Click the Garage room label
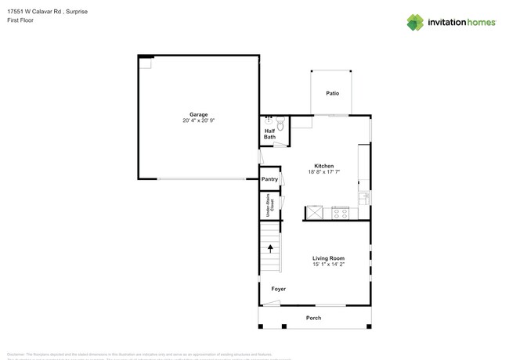pyautogui.click(x=198, y=114)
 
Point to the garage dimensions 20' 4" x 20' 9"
pyautogui.click(x=198, y=121)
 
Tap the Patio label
pyautogui.click(x=333, y=93)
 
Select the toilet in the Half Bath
pyautogui.click(x=280, y=123)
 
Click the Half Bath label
pyautogui.click(x=269, y=134)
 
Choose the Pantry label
pyautogui.click(x=269, y=179)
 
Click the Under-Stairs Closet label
pyautogui.click(x=269, y=205)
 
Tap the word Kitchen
pyautogui.click(x=323, y=166)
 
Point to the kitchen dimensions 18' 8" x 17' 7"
pyautogui.click(x=323, y=172)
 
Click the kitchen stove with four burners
pyautogui.click(x=340, y=212)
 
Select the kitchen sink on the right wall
pyautogui.click(x=363, y=198)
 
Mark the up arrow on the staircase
pyautogui.click(x=271, y=249)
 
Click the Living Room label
pyautogui.click(x=328, y=258)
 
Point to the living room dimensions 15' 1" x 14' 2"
pyautogui.click(x=328, y=265)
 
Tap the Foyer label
pyautogui.click(x=278, y=289)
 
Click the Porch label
pyautogui.click(x=313, y=318)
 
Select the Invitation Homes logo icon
pyautogui.click(x=415, y=22)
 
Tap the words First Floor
pyautogui.click(x=21, y=21)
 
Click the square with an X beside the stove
pyautogui.click(x=314, y=212)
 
